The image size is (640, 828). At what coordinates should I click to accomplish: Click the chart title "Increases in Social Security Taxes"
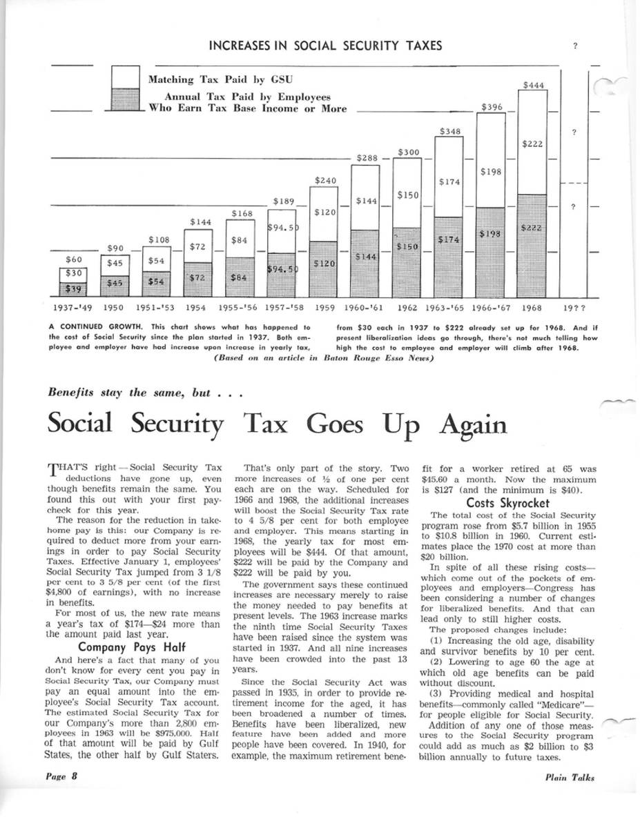click(324, 46)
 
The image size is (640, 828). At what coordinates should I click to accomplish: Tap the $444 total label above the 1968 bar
click(534, 85)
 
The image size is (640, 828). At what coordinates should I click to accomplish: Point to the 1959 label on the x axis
click(325, 308)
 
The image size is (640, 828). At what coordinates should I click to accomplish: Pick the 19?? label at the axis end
click(574, 308)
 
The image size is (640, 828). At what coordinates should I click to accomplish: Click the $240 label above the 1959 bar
click(325, 181)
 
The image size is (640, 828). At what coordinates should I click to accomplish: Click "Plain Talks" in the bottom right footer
click(569, 776)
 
